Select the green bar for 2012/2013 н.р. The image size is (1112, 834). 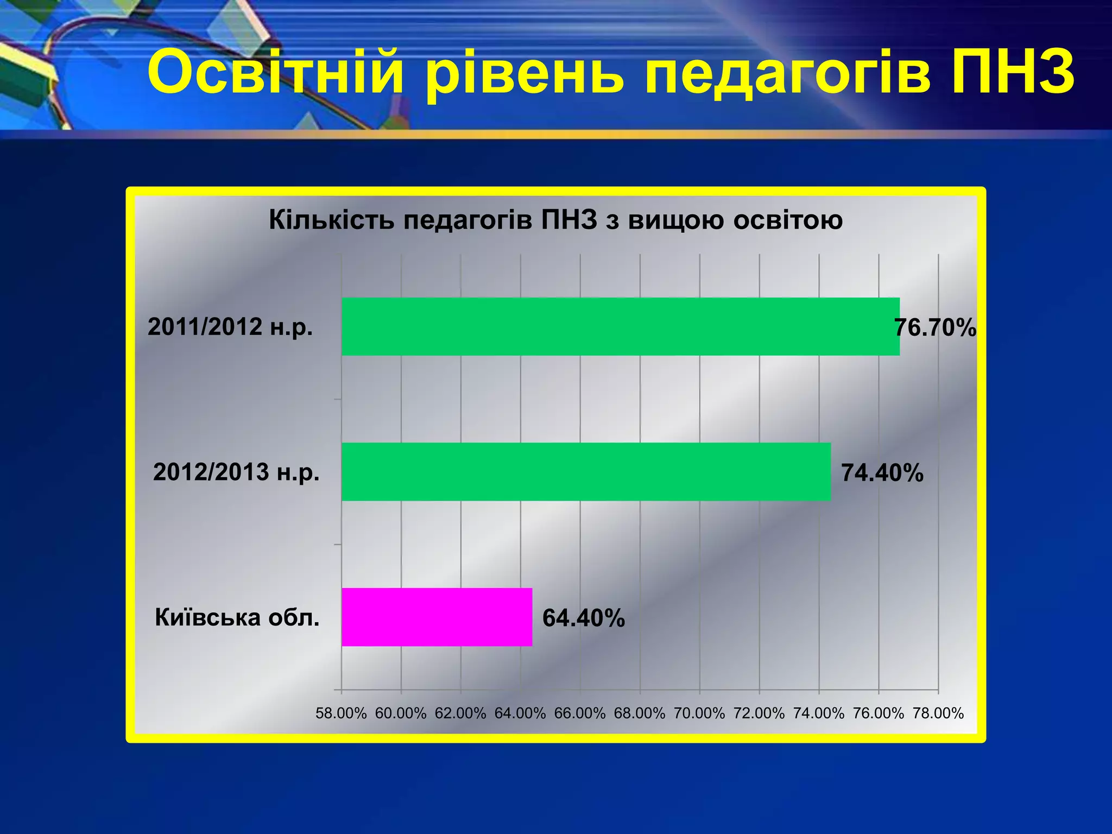586,471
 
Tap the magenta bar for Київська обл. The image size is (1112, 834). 437,617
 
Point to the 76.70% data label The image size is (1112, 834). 935,328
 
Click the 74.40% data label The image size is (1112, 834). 882,473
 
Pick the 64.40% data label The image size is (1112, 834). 584,618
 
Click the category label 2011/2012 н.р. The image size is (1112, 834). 230,327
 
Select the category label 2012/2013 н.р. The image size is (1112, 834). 236,472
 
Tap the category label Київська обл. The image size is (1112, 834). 237,617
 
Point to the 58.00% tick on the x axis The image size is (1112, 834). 341,713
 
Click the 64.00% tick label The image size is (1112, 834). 520,713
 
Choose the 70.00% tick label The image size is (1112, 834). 699,713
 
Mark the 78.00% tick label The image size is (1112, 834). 938,713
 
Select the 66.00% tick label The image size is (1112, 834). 580,713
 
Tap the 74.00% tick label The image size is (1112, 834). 819,713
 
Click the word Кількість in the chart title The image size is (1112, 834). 331,220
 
